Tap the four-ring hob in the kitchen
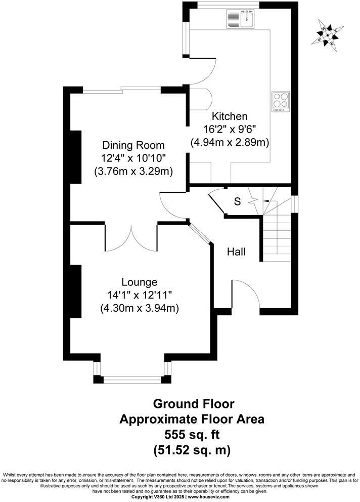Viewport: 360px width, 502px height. (x=281, y=101)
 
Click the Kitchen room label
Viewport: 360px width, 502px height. (x=230, y=116)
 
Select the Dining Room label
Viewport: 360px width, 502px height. (x=133, y=145)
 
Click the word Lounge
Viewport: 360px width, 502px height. (x=139, y=282)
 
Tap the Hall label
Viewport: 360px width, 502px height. (x=236, y=251)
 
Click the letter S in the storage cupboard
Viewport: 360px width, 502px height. (x=237, y=201)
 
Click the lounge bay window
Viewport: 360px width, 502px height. (x=131, y=378)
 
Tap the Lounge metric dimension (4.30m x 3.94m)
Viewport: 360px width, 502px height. (x=140, y=308)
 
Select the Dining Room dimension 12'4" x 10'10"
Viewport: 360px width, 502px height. (x=133, y=158)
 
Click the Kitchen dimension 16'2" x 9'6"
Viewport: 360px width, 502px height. (x=229, y=130)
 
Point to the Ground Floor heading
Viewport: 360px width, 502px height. (x=194, y=404)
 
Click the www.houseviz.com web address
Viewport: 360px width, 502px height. (x=210, y=497)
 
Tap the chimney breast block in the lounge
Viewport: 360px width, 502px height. (x=76, y=291)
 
